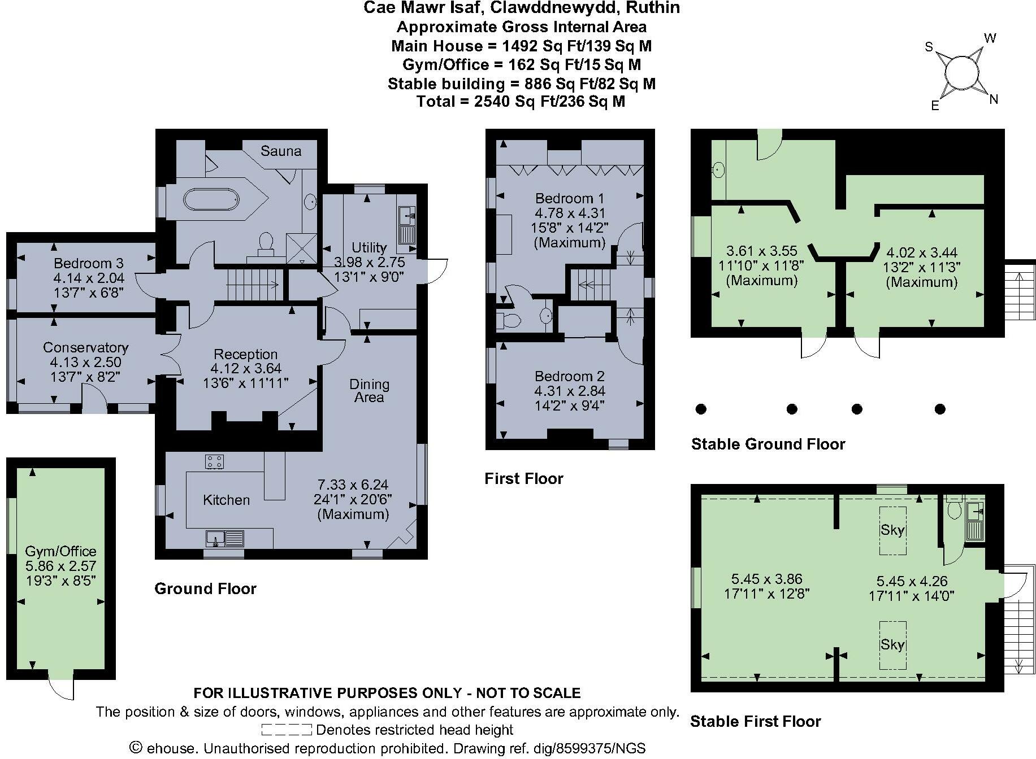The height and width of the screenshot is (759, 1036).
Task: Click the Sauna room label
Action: click(x=281, y=151)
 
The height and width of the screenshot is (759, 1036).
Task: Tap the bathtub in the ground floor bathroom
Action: click(x=211, y=200)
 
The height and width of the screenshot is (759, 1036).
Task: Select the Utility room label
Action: click(x=369, y=247)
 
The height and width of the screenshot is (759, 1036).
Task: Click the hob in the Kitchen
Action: click(x=214, y=461)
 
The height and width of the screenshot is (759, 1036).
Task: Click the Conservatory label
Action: click(x=85, y=347)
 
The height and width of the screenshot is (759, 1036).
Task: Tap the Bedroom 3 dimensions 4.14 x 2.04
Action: click(x=89, y=278)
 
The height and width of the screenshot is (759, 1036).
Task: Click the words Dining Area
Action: click(x=369, y=391)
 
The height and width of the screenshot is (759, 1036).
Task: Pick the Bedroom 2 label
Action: click(x=569, y=376)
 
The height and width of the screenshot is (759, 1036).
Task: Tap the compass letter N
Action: click(x=994, y=100)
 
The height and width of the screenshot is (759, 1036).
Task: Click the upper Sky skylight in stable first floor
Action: click(x=892, y=530)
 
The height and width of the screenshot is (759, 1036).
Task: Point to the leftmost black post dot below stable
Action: click(x=701, y=409)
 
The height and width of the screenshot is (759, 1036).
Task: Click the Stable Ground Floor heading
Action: click(x=768, y=444)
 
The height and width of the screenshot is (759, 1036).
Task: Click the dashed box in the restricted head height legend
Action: click(x=287, y=730)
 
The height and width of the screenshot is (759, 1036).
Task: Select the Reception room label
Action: click(x=245, y=354)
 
